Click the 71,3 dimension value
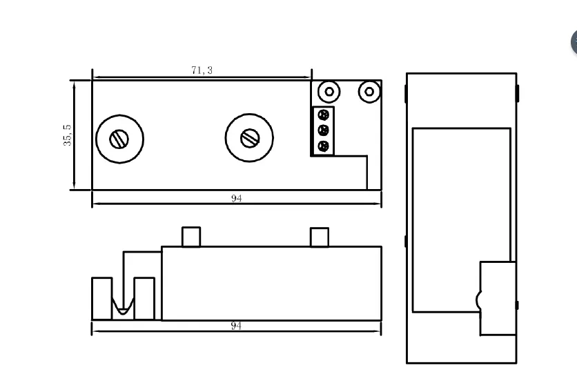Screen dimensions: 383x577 [x=202, y=70]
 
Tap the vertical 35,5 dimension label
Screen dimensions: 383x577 [x=66, y=135]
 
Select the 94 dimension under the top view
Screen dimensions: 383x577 [x=236, y=198]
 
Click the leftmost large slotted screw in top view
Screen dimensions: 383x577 [x=119, y=139]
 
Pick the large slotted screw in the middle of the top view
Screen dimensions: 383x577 [x=248, y=138]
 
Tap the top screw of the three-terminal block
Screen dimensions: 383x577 [x=323, y=115]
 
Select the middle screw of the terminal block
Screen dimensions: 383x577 [x=323, y=130]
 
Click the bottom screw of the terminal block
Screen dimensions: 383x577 [x=323, y=146]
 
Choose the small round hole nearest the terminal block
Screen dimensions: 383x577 [x=330, y=91]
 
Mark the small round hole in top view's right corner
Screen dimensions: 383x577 [x=369, y=91]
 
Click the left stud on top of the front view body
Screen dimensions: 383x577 [x=191, y=237]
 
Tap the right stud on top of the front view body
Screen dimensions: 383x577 [x=320, y=237]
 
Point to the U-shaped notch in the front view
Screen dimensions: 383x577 [x=123, y=308]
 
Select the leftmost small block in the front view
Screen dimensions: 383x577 [x=101, y=299]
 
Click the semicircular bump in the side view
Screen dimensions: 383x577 [x=478, y=301]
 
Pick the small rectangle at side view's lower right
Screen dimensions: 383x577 [x=497, y=298]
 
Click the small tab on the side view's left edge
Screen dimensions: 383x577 [x=405, y=242]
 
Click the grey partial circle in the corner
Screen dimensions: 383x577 [x=574, y=43]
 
